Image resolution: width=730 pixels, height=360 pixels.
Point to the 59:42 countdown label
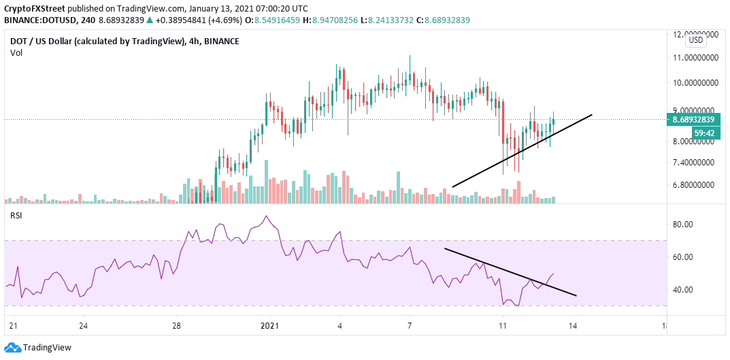pyautogui.click(x=703, y=133)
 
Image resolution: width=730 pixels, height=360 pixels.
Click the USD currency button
pyautogui.click(x=696, y=40)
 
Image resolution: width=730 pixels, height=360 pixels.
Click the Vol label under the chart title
pyautogui.click(x=16, y=52)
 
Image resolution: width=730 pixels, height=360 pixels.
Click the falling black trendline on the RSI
pyautogui.click(x=510, y=272)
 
